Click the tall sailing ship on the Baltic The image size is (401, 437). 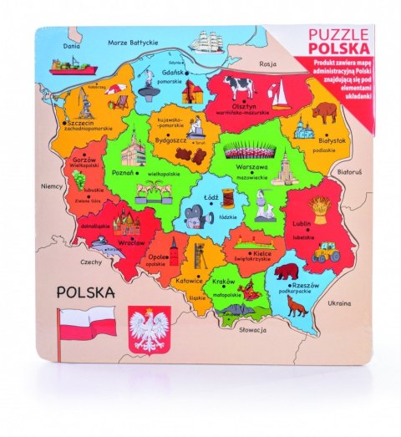206,43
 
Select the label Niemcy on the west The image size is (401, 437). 52,187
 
